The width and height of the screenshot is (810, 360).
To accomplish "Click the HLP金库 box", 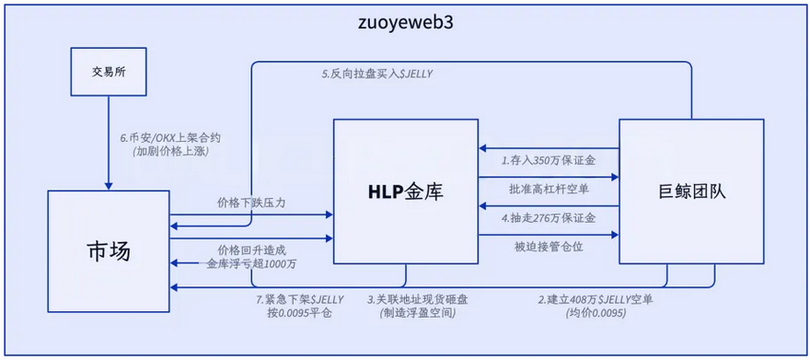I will point(406,192).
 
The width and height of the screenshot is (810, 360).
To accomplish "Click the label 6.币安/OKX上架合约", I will point(170,137).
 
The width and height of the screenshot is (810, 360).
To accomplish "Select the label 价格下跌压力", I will point(250,203).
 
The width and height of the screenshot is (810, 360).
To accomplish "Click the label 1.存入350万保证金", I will point(549,160).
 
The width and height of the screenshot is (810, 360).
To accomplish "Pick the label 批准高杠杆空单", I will point(549,190).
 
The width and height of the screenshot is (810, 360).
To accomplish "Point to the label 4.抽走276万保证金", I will point(549,218).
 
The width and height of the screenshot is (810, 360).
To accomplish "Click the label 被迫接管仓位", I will point(549,246).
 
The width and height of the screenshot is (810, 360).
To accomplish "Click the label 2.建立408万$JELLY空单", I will point(596,299).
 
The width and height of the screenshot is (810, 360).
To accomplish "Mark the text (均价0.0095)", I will point(596,313).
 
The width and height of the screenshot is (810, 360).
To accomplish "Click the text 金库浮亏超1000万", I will point(250,263).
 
